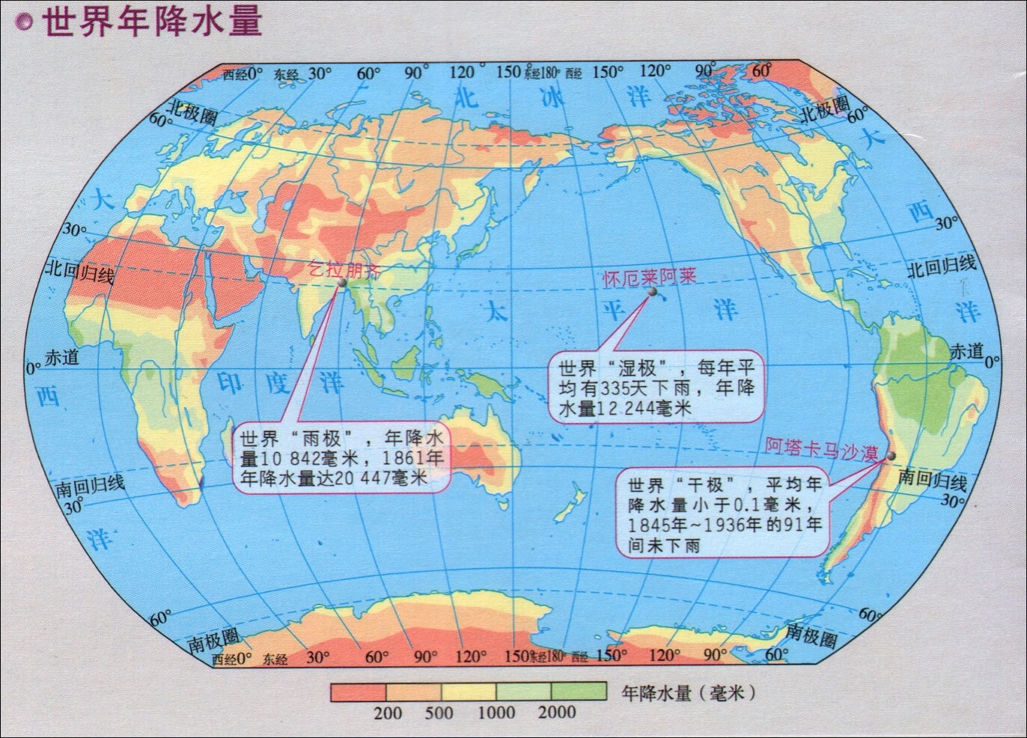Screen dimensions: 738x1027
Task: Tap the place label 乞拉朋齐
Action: point(345,269)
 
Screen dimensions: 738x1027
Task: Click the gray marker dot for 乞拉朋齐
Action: point(341,284)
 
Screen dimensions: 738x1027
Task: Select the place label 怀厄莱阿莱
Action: point(650,276)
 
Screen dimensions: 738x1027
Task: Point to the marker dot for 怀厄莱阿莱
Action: point(652,293)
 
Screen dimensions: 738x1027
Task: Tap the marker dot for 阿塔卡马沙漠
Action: point(891,456)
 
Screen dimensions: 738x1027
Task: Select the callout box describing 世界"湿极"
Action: point(657,387)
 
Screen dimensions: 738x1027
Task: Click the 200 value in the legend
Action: point(387,712)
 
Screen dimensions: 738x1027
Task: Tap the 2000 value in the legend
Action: point(556,712)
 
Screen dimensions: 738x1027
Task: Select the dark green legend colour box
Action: point(579,692)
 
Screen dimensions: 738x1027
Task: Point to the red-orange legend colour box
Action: point(358,692)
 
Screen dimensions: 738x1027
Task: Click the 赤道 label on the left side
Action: point(61,358)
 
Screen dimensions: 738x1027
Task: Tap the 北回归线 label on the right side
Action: point(942,266)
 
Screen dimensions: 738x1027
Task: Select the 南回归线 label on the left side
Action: point(91,487)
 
